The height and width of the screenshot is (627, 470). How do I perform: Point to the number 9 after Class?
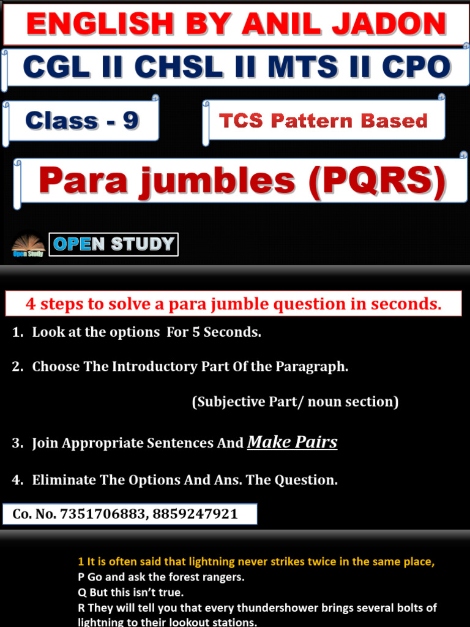130,121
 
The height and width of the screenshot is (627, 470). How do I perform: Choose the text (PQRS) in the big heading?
378,181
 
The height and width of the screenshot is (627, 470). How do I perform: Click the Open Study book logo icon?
28,244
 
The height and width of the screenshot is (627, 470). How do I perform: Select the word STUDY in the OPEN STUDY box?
142,244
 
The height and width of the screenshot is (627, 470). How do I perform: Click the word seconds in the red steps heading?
410,304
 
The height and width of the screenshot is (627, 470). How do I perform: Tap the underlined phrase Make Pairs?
292,442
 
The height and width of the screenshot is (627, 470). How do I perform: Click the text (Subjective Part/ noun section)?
295,402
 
